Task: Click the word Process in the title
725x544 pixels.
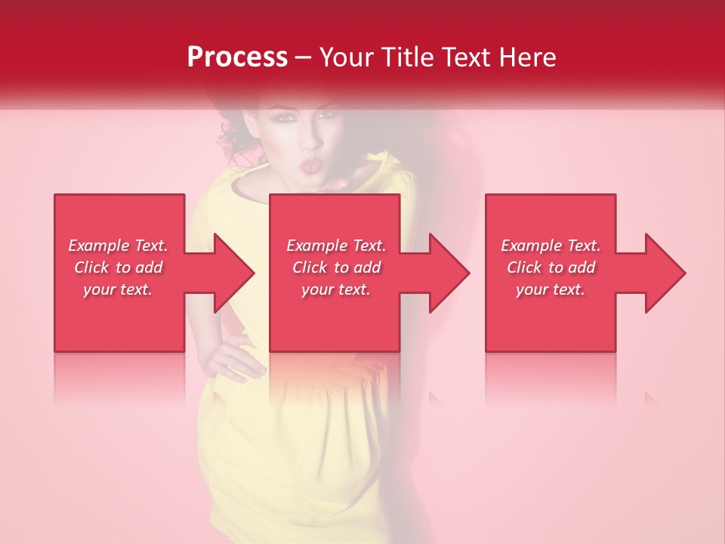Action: (x=237, y=57)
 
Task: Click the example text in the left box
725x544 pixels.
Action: (x=119, y=267)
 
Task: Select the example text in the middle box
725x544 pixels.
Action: (x=336, y=267)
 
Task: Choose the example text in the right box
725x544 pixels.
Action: (x=551, y=267)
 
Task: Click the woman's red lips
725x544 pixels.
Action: (x=310, y=163)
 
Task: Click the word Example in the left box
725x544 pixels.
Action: (x=99, y=246)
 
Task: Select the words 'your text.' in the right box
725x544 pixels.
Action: (x=551, y=289)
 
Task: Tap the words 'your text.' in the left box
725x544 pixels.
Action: (x=119, y=289)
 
